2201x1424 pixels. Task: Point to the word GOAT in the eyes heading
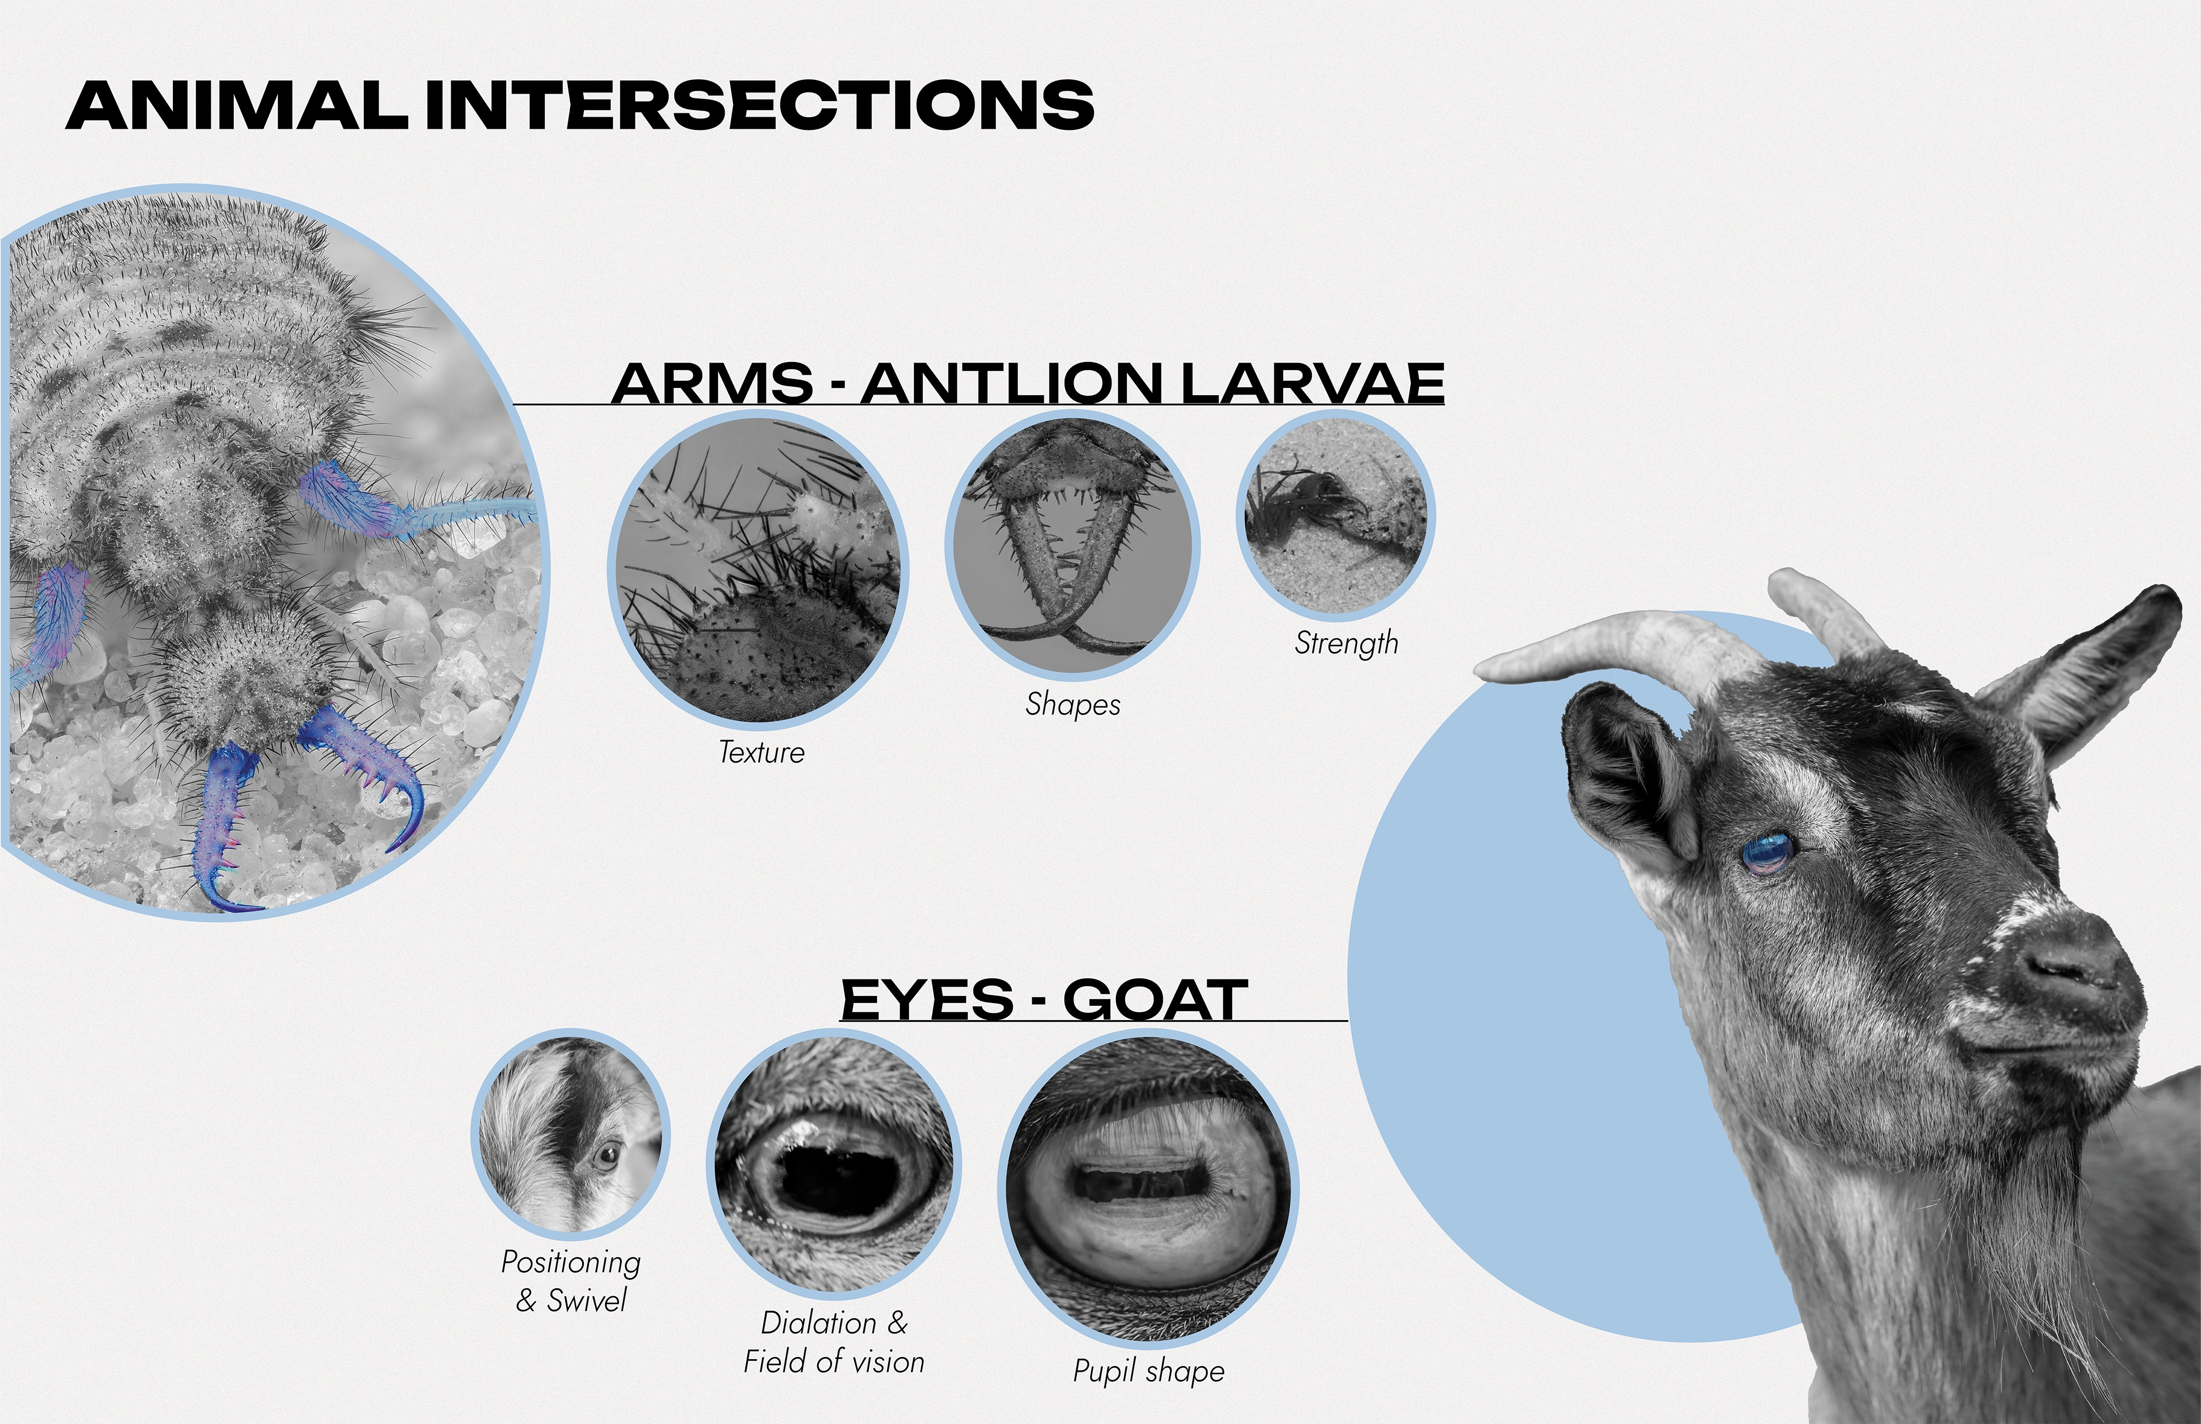tap(1155, 1000)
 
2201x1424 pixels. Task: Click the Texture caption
tap(761, 752)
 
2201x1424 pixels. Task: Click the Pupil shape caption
tap(1148, 1371)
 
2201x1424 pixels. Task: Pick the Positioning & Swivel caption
tap(571, 1281)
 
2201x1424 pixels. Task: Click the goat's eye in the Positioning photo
tap(607, 1156)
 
